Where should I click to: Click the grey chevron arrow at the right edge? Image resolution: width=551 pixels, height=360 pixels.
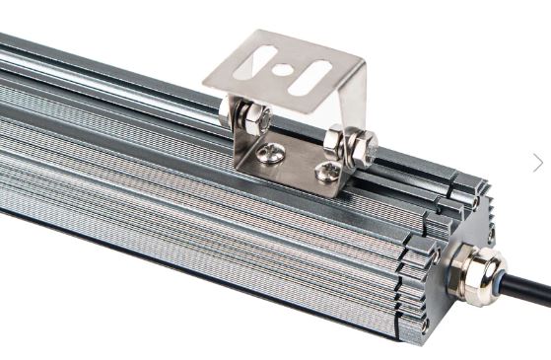pyautogui.click(x=538, y=163)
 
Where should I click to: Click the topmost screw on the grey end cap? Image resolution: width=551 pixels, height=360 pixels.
pyautogui.click(x=476, y=200)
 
